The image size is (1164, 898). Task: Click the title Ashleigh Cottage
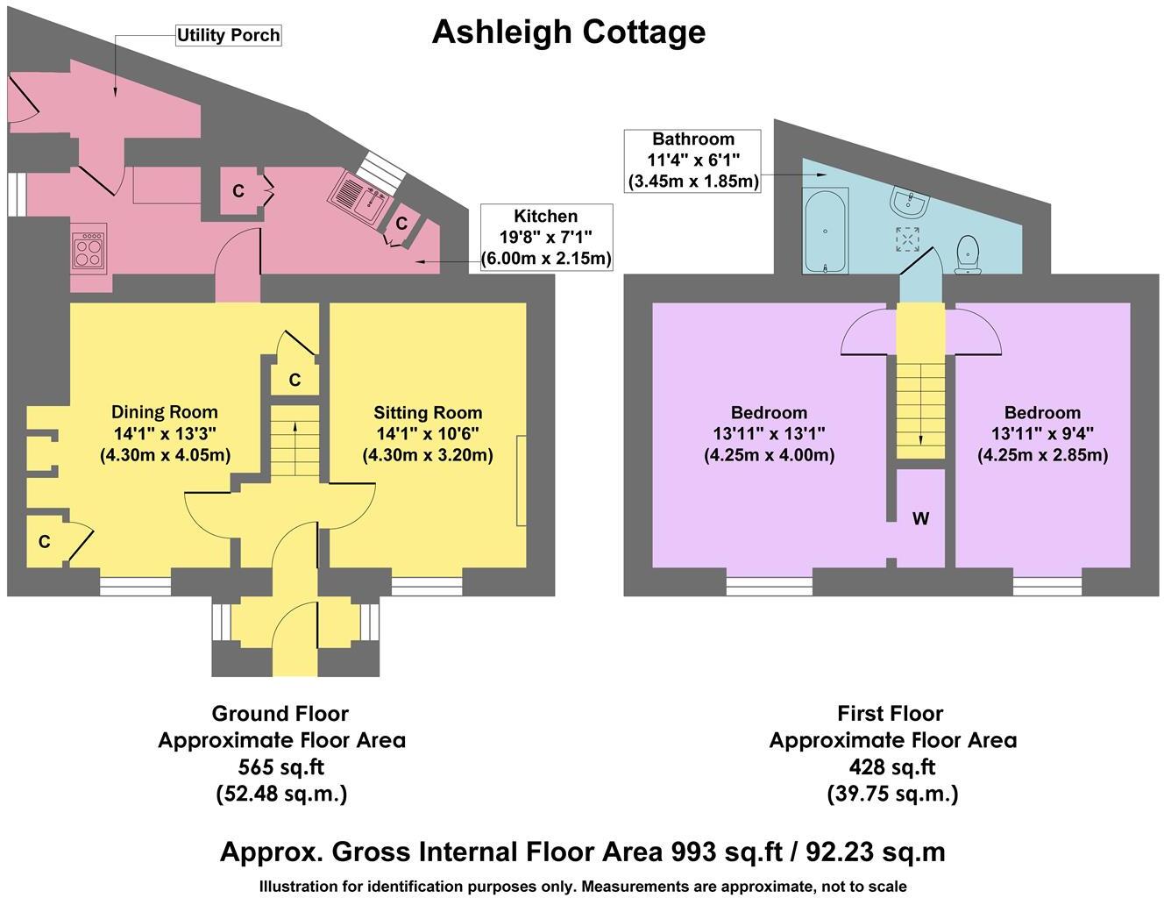tap(568, 32)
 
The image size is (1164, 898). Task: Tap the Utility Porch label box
tap(228, 35)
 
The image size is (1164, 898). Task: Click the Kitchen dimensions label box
tap(546, 238)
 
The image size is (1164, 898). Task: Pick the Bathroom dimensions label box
tap(692, 160)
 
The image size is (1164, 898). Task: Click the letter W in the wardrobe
tap(920, 519)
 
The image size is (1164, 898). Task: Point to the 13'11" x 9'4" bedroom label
tap(1042, 433)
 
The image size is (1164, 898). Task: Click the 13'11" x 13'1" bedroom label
tap(769, 433)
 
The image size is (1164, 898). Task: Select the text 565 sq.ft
tap(281, 767)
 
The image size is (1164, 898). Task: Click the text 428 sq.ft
tap(892, 767)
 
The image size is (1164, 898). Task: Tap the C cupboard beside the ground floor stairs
tap(295, 380)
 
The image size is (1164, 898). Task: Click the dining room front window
tap(135, 586)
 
